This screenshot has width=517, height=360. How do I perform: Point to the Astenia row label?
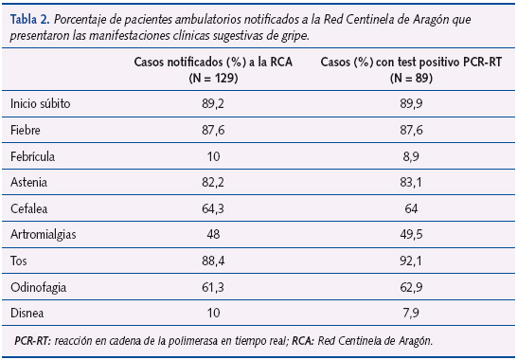(x=29, y=180)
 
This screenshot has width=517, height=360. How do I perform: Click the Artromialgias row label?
(x=44, y=232)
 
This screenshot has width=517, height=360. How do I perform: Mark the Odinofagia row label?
(x=37, y=285)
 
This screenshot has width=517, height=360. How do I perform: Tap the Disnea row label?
(x=27, y=311)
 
